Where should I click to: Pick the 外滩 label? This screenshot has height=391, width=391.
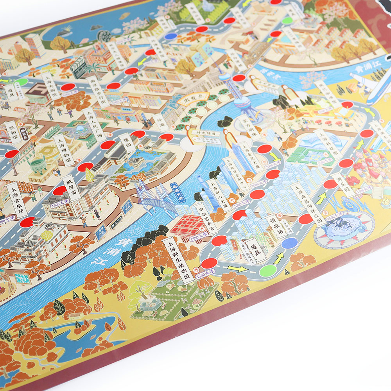pyautogui.click(x=161, y=122)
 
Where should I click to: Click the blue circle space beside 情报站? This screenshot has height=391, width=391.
pyautogui.click(x=289, y=243)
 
